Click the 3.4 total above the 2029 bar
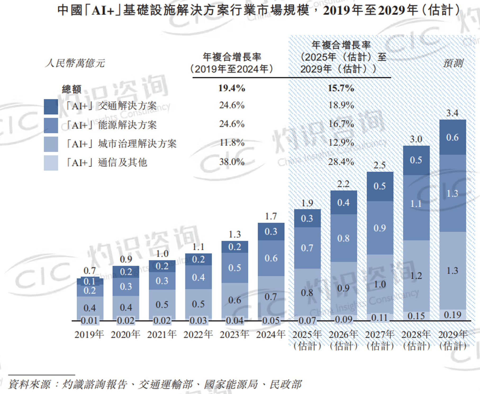(452, 113)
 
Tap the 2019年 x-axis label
(89, 335)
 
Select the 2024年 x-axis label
(271, 335)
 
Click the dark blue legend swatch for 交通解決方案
(51, 107)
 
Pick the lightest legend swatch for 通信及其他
(51, 163)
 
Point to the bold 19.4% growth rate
(232, 88)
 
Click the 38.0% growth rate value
(232, 162)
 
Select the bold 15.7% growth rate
(341, 88)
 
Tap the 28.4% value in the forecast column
(341, 162)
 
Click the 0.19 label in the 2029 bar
(452, 315)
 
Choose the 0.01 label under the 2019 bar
(89, 321)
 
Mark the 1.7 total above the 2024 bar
(271, 216)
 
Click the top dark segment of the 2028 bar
(416, 160)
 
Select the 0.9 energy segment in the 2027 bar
(380, 228)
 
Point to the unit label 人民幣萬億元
(75, 63)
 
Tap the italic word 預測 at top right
(453, 63)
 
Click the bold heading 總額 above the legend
(71, 89)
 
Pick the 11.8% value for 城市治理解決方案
(232, 143)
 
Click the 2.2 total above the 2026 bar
(343, 184)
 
